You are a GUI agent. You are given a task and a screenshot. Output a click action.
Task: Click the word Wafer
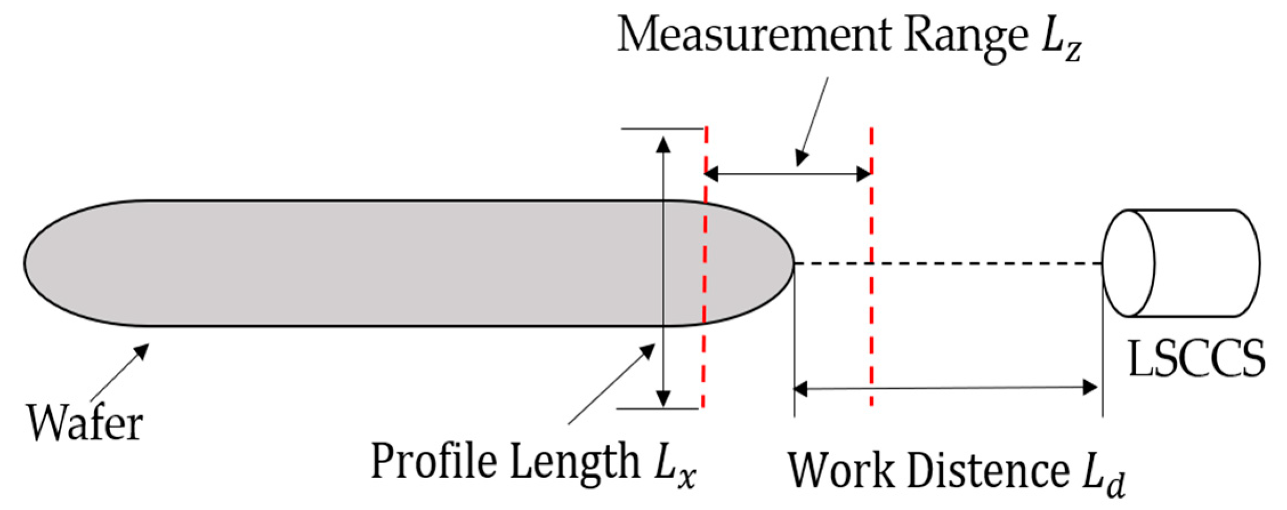pyautogui.click(x=85, y=423)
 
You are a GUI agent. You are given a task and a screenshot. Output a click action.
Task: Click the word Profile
pyautogui.click(x=433, y=461)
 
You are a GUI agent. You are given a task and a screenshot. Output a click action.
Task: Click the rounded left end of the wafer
pyautogui.click(x=34, y=263)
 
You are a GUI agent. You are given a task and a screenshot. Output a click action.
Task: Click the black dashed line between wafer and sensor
pyautogui.click(x=947, y=264)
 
